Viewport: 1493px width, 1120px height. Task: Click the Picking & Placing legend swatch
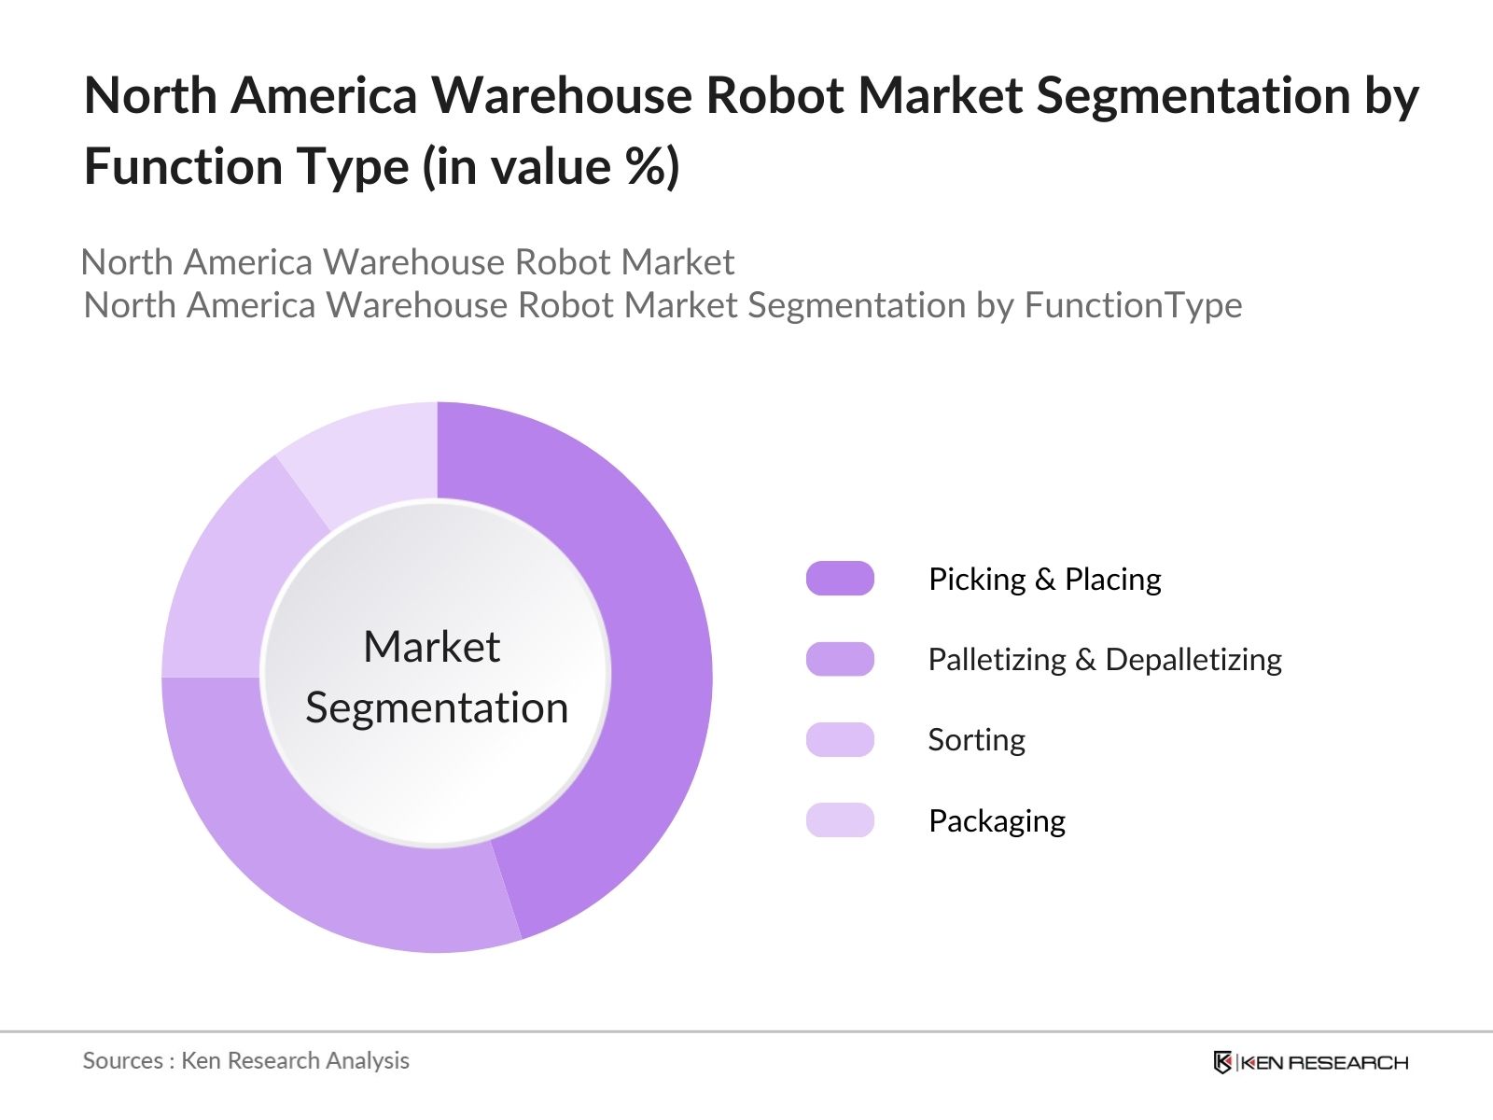pyautogui.click(x=840, y=579)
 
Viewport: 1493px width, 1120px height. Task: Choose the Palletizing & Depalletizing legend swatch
pyautogui.click(x=840, y=659)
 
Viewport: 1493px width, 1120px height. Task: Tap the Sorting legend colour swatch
pyautogui.click(x=840, y=739)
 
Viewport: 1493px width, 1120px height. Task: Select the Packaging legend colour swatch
pyautogui.click(x=840, y=820)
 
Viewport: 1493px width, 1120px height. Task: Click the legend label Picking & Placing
pyautogui.click(x=1044, y=580)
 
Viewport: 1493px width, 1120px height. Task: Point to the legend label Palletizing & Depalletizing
pyautogui.click(x=1104, y=660)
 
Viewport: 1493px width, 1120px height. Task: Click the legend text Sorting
pyautogui.click(x=976, y=740)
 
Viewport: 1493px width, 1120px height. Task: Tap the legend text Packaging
pyautogui.click(x=997, y=821)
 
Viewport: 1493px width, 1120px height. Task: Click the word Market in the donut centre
pyautogui.click(x=431, y=647)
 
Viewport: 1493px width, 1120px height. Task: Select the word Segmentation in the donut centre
pyautogui.click(x=437, y=707)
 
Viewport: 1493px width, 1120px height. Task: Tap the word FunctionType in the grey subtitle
pyautogui.click(x=1133, y=305)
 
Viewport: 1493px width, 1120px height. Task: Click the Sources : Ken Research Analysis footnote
pyautogui.click(x=245, y=1060)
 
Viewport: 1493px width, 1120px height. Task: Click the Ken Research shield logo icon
pyautogui.click(x=1222, y=1062)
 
